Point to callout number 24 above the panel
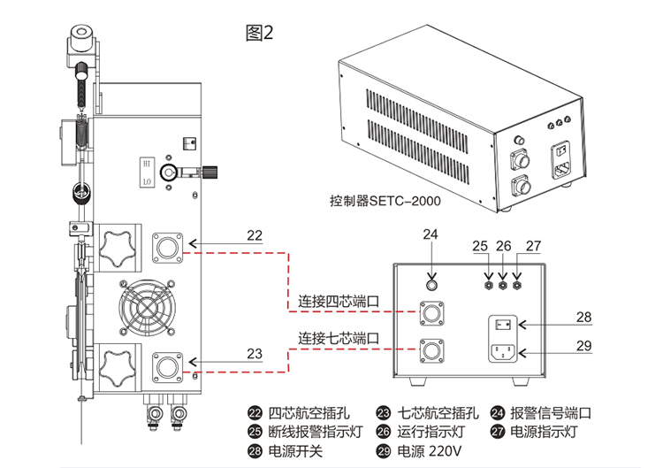[431, 234]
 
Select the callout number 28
[583, 316]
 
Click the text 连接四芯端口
[339, 301]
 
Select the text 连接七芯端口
[339, 338]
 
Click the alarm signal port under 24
[431, 285]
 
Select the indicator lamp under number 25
[487, 285]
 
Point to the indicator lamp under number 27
[517, 285]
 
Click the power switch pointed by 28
[503, 326]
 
